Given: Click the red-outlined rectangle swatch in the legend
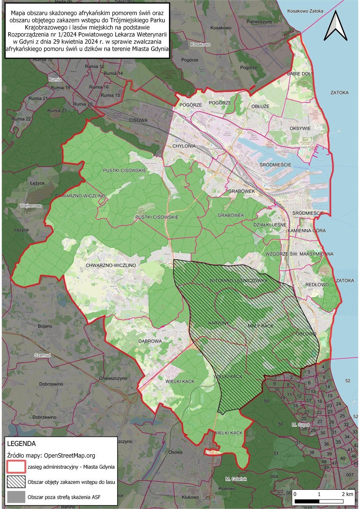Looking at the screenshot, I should [x=16, y=467].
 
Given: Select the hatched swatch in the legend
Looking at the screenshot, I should [x=16, y=482].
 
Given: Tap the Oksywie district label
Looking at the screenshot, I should [x=300, y=128].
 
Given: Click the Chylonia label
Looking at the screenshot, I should [x=184, y=146].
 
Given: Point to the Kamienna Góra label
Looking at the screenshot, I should [x=306, y=230].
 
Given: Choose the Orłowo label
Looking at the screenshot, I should [x=305, y=334].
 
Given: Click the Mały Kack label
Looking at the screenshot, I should [x=260, y=326].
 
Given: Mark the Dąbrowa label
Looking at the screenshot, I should [x=150, y=341].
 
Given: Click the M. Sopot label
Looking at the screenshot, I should [x=301, y=425].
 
